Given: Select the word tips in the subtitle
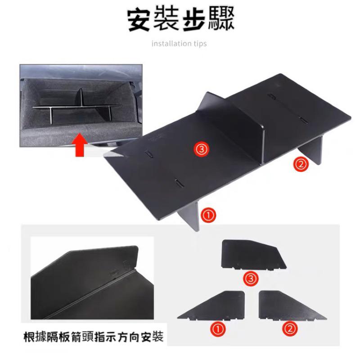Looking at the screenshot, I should (199, 44).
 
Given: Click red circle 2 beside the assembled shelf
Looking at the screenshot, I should (300, 164).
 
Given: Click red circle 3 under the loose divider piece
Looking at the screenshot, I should (251, 279).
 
